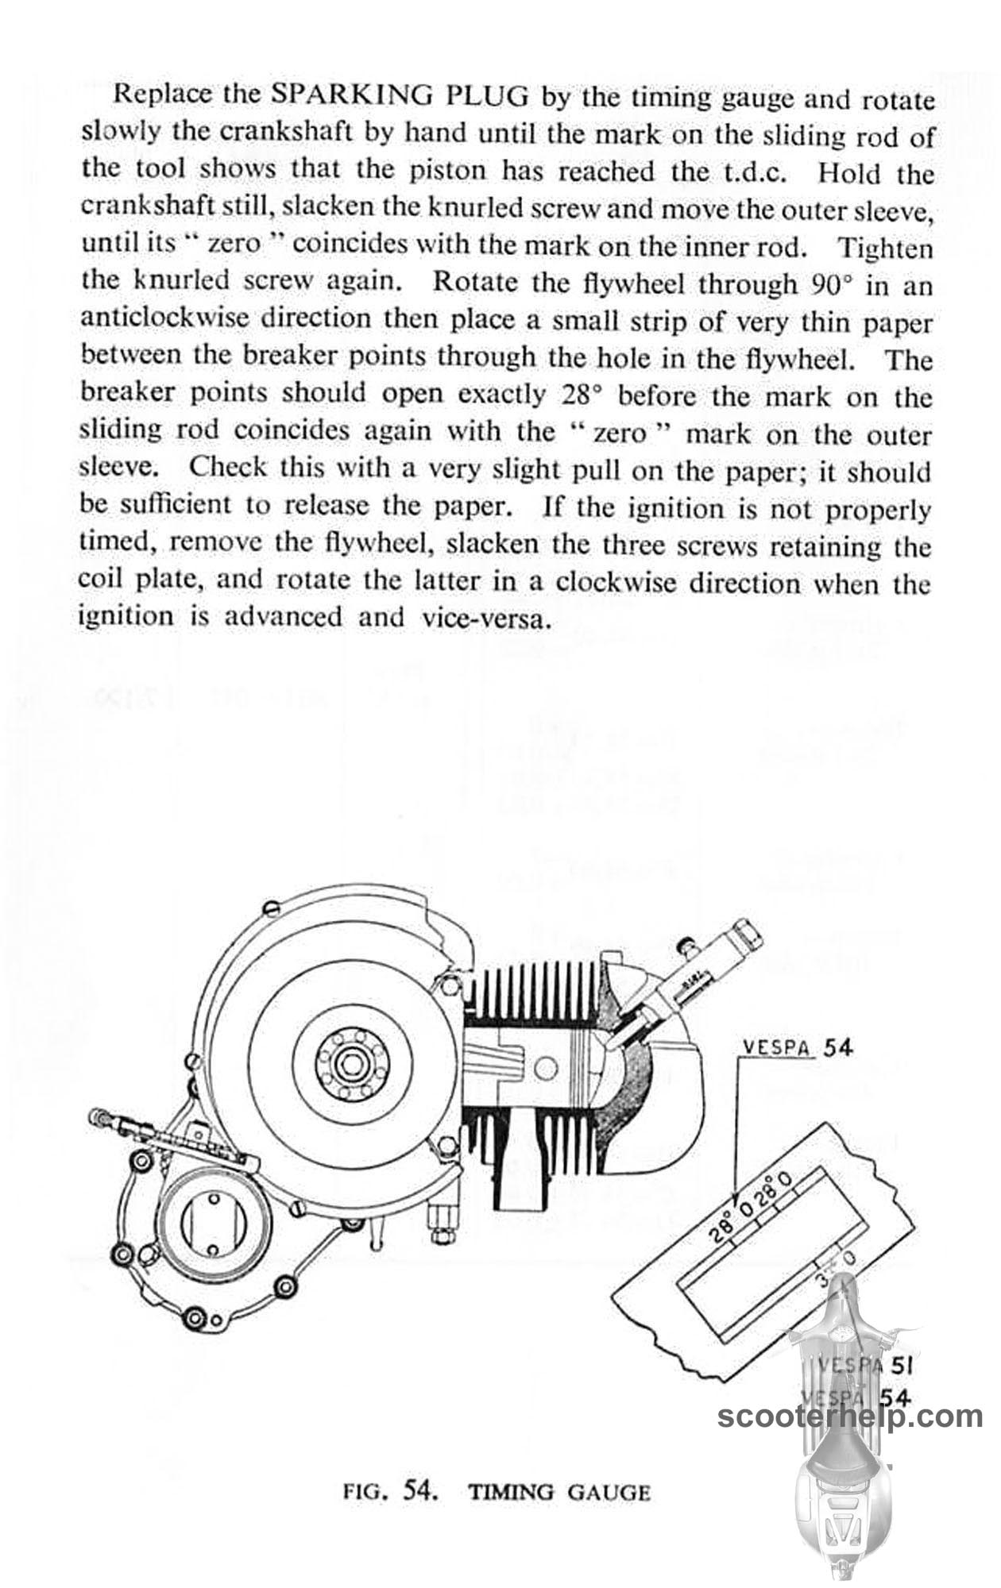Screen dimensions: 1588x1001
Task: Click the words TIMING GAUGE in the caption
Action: pos(559,1492)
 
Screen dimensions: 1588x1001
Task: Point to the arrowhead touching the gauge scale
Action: pos(737,1199)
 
